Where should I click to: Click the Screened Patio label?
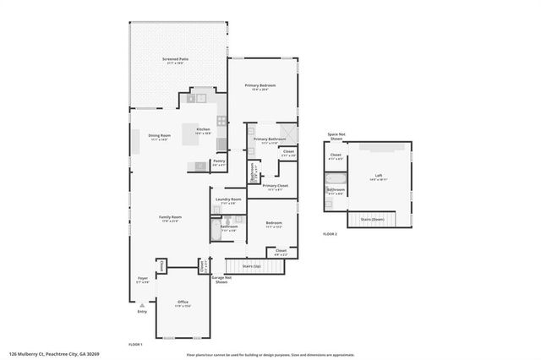(x=175, y=59)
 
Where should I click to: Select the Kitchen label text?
(x=203, y=130)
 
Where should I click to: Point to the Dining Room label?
(x=160, y=136)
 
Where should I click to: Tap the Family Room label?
(x=171, y=218)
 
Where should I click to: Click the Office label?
(x=183, y=303)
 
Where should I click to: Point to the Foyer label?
(x=143, y=279)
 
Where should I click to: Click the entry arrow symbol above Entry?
(x=142, y=306)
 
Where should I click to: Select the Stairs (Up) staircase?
(x=251, y=267)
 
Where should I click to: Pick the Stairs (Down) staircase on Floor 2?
(x=373, y=220)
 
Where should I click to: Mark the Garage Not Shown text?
(x=221, y=280)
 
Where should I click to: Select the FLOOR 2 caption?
(x=329, y=233)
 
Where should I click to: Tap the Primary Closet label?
(x=275, y=187)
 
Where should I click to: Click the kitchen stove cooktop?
(x=221, y=144)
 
